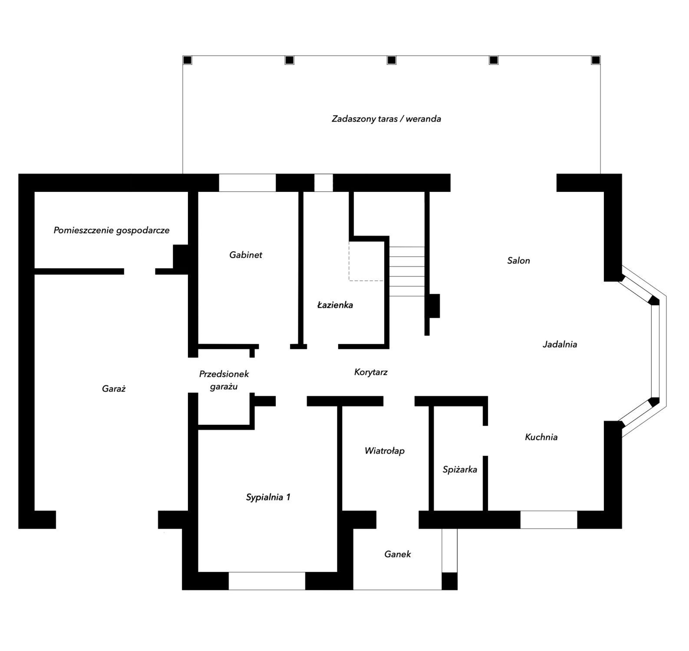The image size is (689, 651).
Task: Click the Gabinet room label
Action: point(246,255)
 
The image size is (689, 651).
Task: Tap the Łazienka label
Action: point(335,305)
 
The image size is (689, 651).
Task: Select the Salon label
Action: point(518,260)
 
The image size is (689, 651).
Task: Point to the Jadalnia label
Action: point(560,344)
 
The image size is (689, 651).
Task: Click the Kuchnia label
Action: point(541,437)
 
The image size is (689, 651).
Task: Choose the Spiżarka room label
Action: point(460,469)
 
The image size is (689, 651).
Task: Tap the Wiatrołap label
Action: point(384,450)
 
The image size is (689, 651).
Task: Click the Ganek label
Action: point(397,554)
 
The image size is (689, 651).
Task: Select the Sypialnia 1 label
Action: point(268,497)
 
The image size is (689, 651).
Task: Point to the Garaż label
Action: point(114,389)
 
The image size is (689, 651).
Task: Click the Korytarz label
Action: point(371,372)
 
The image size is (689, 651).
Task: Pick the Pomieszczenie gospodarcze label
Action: point(112,230)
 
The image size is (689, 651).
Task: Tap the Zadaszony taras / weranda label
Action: point(386,118)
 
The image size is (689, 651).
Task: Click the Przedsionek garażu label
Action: point(224,380)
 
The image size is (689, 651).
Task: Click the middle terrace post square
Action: point(391,60)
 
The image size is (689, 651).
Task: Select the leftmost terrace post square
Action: point(187,60)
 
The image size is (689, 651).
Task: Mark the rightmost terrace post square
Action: point(596,60)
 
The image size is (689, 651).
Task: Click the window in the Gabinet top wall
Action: point(247,183)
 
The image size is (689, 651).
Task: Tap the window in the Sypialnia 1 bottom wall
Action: point(267,581)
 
